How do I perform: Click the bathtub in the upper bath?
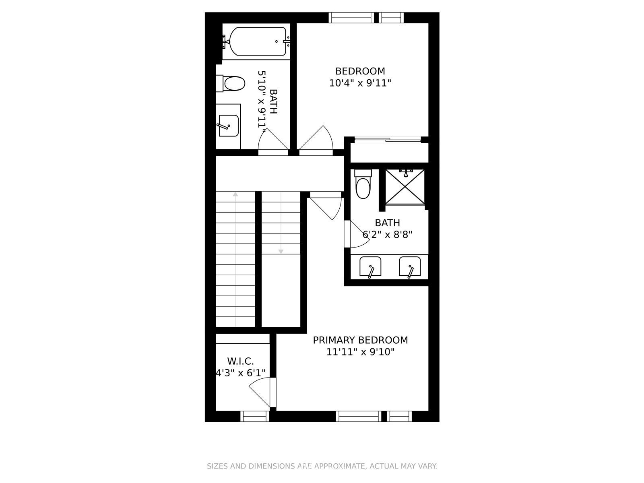click(x=258, y=41)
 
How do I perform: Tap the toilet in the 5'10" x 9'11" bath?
click(x=231, y=84)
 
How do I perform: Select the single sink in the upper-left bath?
click(x=229, y=126)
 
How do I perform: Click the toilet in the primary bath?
click(x=363, y=184)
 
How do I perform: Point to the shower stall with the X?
click(x=405, y=186)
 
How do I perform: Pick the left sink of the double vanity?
click(x=370, y=267)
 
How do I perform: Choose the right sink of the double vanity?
click(x=410, y=267)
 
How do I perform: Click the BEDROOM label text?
click(x=360, y=71)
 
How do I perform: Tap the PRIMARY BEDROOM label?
click(x=360, y=340)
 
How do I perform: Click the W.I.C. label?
click(x=240, y=361)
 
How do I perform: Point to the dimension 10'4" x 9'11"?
click(x=360, y=83)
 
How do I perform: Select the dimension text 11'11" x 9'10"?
click(x=360, y=352)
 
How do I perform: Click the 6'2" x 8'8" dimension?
click(x=388, y=235)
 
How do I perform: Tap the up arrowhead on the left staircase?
click(x=235, y=194)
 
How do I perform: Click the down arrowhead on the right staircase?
click(x=281, y=252)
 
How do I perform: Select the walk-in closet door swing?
click(x=260, y=392)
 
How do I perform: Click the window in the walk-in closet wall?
click(x=255, y=417)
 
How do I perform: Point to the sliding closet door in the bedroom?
click(x=388, y=140)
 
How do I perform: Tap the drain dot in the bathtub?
click(x=277, y=41)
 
